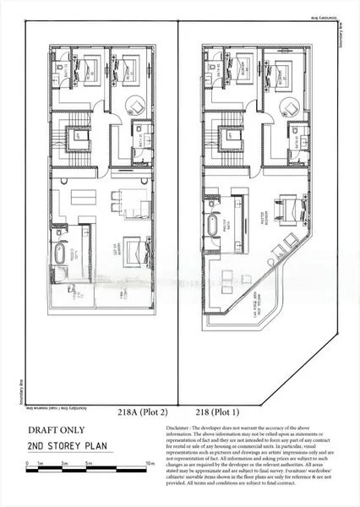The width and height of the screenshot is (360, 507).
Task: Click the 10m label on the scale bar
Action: tap(150, 464)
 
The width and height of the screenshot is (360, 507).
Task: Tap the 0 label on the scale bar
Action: tap(27, 464)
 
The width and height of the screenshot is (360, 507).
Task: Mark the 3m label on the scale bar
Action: tap(63, 464)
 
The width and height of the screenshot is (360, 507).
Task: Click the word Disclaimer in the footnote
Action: tap(183, 429)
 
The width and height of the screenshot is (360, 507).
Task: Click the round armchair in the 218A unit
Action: tap(135, 106)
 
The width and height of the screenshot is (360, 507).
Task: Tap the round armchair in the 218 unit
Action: tap(290, 106)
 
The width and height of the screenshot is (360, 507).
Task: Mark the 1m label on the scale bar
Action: tap(40, 464)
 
